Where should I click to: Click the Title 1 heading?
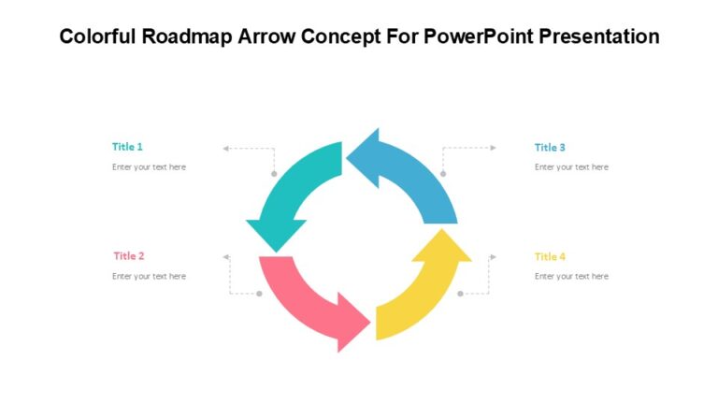[127, 147]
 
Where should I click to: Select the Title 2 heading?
[129, 256]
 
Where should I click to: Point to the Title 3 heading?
[550, 148]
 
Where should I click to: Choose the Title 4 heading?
[550, 257]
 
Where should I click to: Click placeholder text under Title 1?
[149, 167]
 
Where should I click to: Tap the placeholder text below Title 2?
[149, 277]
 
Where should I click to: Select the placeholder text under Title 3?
[571, 167]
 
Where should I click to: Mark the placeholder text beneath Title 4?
[571, 277]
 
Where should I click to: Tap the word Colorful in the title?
[99, 37]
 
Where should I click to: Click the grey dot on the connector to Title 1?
[274, 174]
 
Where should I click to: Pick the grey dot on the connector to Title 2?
[259, 294]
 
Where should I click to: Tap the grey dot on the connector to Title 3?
[443, 174]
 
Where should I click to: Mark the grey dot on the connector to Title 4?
[460, 294]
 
